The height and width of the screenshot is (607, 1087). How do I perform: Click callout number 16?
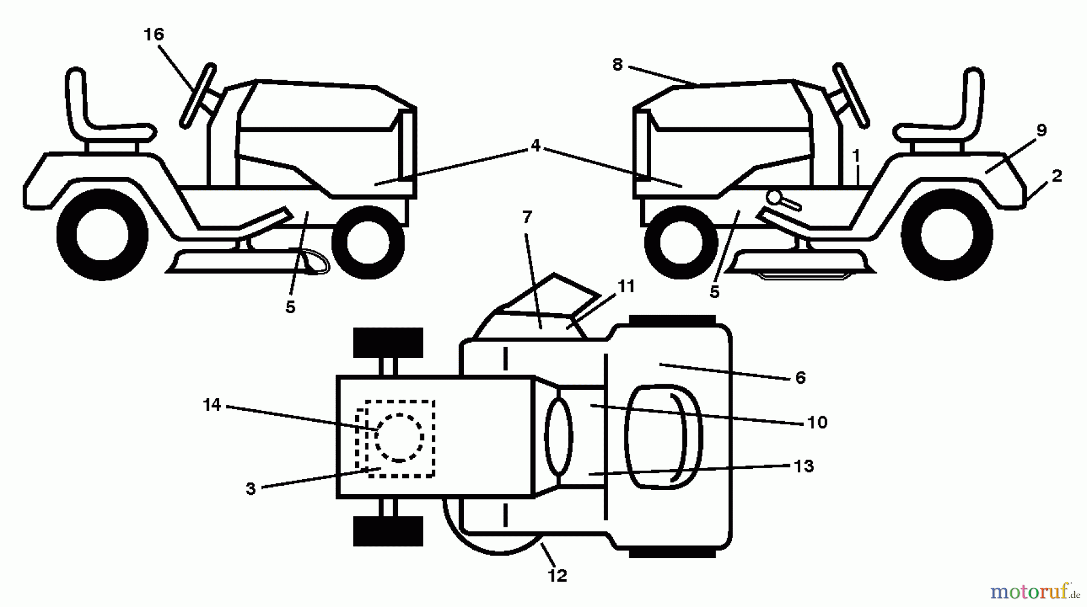click(x=154, y=34)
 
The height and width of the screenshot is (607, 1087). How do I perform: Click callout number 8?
click(x=617, y=65)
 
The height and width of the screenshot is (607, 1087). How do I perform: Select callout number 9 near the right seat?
click(x=1041, y=130)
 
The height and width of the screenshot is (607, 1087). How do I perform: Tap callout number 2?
click(x=1057, y=176)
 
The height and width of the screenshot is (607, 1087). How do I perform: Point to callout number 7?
click(x=527, y=217)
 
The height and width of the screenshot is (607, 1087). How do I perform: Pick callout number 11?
click(x=626, y=286)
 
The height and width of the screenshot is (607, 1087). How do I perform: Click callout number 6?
click(x=800, y=378)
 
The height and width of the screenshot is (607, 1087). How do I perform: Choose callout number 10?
click(x=817, y=422)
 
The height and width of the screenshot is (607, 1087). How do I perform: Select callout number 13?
click(x=804, y=466)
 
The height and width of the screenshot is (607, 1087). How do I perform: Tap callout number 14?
click(x=212, y=405)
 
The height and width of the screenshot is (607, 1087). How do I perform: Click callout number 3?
click(x=251, y=489)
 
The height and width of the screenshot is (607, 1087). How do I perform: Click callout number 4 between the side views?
click(x=535, y=145)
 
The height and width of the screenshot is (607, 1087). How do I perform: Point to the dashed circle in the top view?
click(x=399, y=437)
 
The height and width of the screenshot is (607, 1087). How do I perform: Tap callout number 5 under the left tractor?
click(x=290, y=307)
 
